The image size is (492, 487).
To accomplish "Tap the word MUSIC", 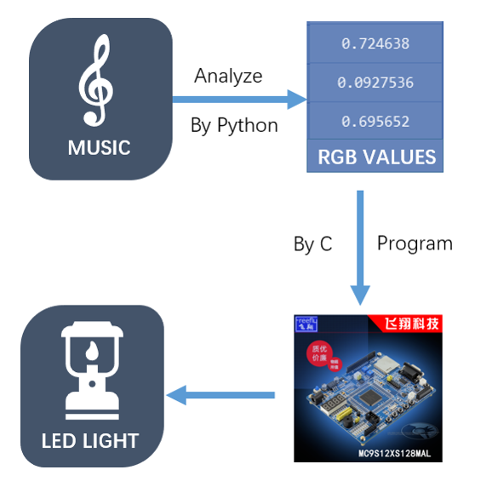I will [x=99, y=147].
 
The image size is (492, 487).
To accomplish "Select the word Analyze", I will [x=228, y=76].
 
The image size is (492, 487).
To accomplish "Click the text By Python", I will [x=234, y=125].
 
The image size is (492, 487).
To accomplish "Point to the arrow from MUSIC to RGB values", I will [x=238, y=100].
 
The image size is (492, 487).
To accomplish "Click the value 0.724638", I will [x=376, y=43].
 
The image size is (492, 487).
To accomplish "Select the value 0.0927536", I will [x=375, y=83].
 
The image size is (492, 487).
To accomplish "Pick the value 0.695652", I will [x=376, y=122].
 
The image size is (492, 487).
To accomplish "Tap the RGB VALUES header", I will [x=376, y=158].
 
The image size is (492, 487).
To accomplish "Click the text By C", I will [x=312, y=243].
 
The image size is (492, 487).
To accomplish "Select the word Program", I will [x=415, y=243].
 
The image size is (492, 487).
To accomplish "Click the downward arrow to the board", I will [x=361, y=247].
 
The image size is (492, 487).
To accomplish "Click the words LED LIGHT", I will [x=90, y=441].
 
